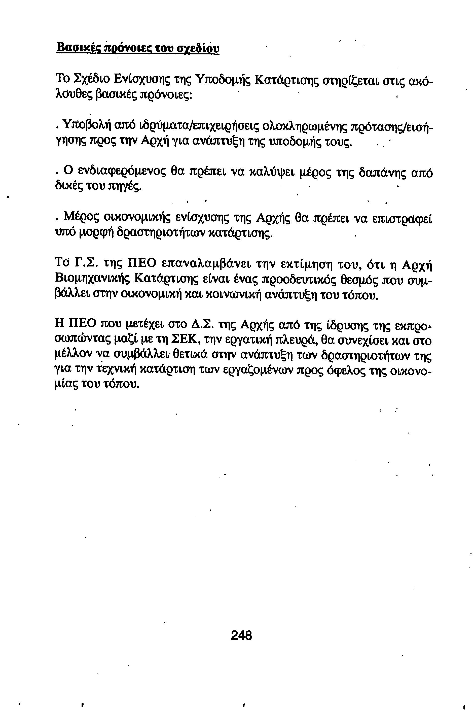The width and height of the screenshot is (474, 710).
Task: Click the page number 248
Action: tap(241, 635)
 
